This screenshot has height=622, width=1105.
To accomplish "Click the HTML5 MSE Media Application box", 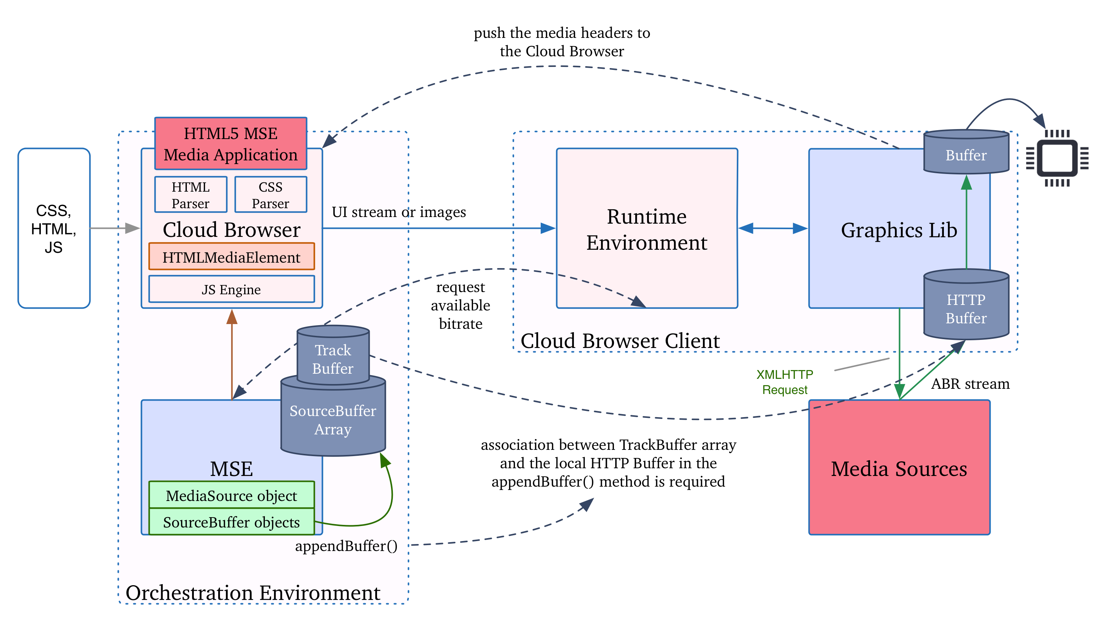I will [230, 144].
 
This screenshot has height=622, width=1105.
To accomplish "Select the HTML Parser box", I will [191, 195].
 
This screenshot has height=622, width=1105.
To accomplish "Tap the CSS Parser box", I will [271, 195].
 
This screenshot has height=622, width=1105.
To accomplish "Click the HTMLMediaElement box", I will [231, 257].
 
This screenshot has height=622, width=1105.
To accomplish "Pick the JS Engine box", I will [231, 289].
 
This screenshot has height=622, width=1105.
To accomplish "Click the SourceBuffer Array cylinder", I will [333, 420].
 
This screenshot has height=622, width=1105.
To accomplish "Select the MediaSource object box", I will [231, 495].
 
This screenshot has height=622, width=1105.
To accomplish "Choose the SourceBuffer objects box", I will [231, 522].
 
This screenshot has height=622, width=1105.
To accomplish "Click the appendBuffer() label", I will [346, 546].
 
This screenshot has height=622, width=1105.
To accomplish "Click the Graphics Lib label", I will [899, 230].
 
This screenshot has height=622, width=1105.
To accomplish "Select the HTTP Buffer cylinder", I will [966, 308].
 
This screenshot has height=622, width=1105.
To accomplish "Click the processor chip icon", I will [1057, 158].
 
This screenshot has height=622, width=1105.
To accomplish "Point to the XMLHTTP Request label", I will [785, 382].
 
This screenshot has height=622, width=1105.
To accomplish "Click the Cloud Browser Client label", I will [620, 341].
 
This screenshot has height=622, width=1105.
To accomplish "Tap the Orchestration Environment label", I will [253, 593].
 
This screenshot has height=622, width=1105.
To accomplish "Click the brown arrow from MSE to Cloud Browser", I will [232, 356].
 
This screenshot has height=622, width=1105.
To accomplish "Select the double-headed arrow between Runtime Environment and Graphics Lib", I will [773, 228].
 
